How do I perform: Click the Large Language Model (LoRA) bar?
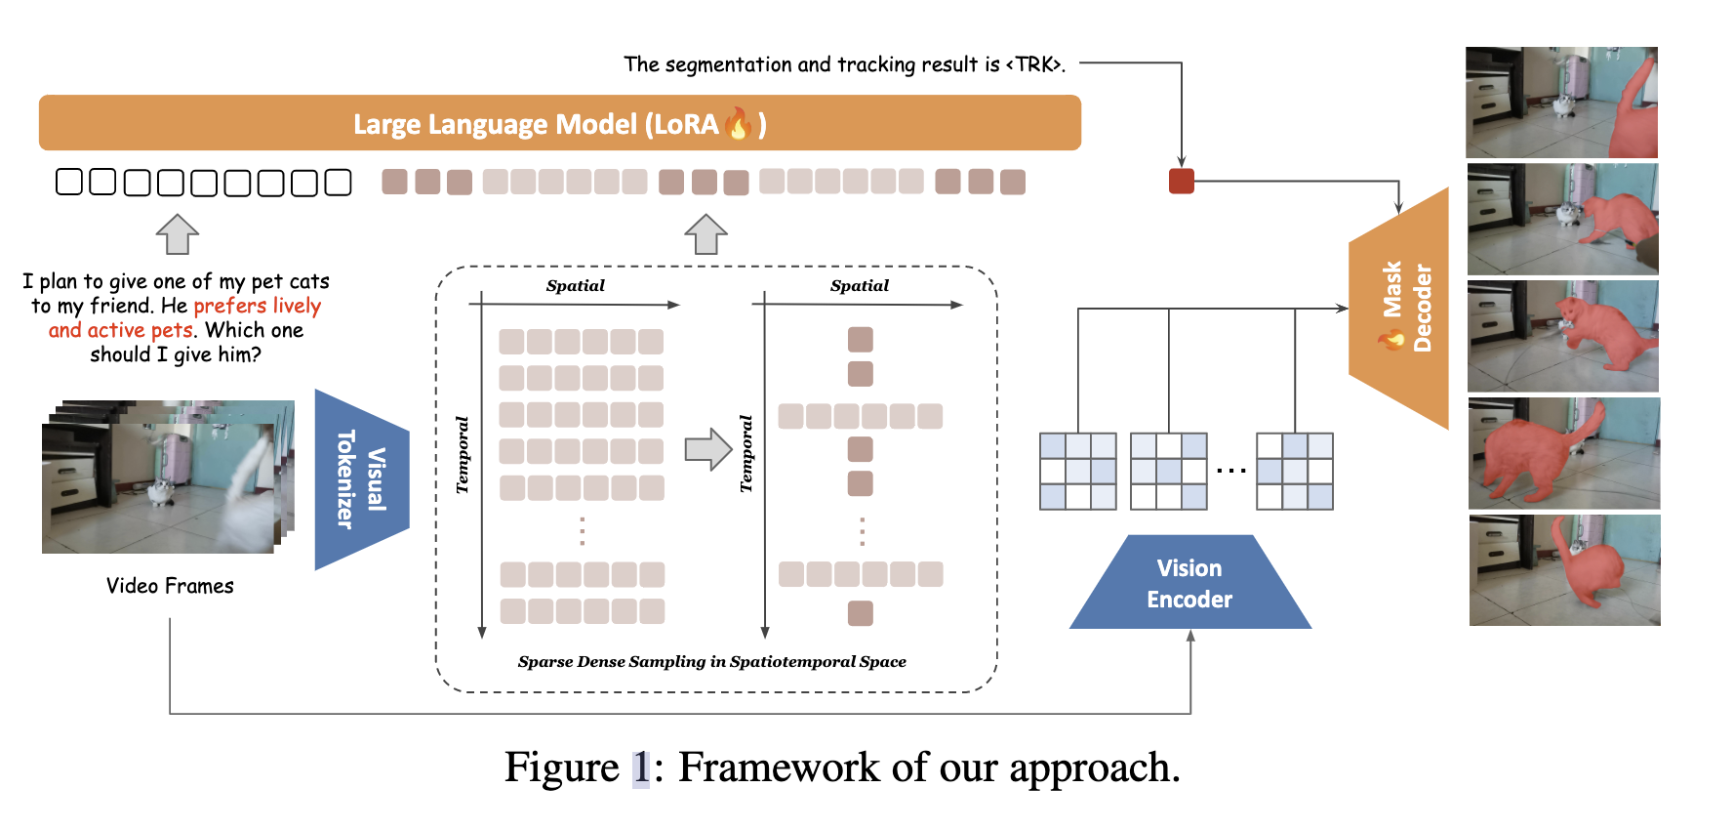click(559, 123)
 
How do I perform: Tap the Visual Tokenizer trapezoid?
click(359, 479)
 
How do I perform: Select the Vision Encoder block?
click(1189, 584)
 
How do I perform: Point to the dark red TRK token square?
click(1181, 181)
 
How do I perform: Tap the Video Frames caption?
click(170, 586)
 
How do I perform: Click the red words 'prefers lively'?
click(258, 306)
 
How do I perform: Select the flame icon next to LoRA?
click(739, 124)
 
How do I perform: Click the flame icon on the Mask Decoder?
click(1391, 339)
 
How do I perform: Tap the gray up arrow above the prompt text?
click(178, 234)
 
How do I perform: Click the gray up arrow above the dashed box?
click(705, 234)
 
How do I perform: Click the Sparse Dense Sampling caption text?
click(711, 662)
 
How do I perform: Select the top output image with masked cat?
click(1561, 103)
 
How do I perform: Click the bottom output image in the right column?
click(1564, 570)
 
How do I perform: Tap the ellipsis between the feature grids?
click(1231, 471)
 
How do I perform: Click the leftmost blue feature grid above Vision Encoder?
click(1077, 471)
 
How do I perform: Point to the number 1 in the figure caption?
click(640, 768)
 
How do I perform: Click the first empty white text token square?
click(69, 182)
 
